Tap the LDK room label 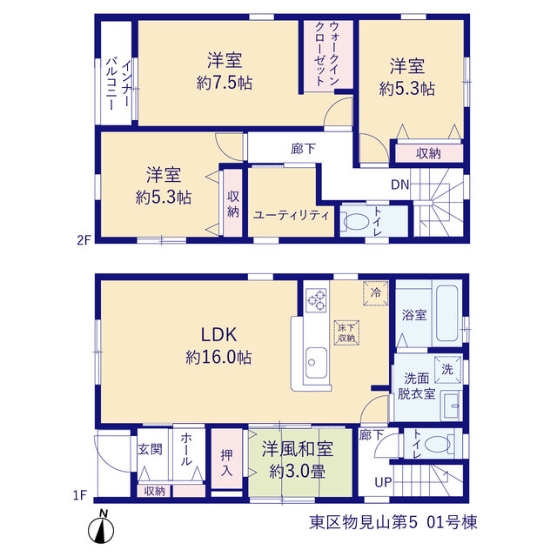coord(218,334)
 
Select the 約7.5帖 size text coord(225,84)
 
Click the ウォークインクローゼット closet coord(328,56)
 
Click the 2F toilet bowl coord(356,221)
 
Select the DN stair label coord(400,185)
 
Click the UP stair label coord(383,482)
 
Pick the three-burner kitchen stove coord(316,300)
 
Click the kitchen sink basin coord(316,363)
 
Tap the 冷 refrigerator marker coord(375,293)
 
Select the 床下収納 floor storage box coord(346,332)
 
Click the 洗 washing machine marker coord(447,370)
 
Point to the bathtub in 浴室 coord(446,313)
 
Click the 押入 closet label coord(226,463)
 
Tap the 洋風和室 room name coord(298,449)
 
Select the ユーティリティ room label coord(292,215)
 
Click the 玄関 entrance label coord(151,449)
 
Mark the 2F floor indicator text coord(84,240)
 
